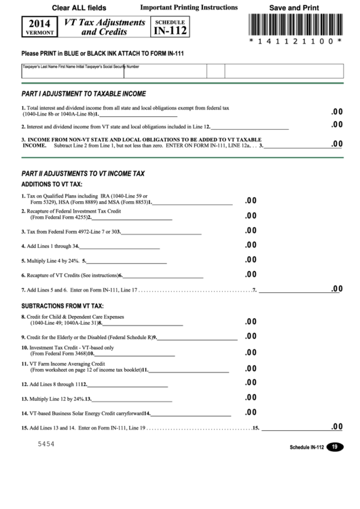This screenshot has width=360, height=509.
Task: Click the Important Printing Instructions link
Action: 188,7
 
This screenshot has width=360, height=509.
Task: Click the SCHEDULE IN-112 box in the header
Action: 168,28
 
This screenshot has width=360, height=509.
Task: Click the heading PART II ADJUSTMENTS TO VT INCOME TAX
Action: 83,174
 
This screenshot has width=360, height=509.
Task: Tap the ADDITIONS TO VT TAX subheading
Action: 52,185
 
